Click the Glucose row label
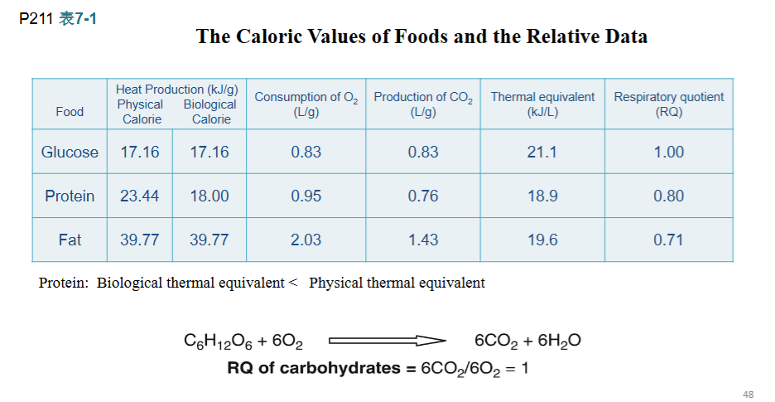(70, 152)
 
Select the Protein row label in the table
(70, 196)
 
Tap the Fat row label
(70, 240)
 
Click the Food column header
(70, 112)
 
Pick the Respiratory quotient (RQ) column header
(669, 104)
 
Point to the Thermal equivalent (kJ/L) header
(542, 104)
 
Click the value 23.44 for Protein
(140, 196)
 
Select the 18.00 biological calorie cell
(209, 196)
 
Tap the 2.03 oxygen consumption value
(306, 240)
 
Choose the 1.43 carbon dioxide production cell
(423, 240)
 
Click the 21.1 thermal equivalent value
(542, 152)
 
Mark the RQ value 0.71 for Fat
(669, 240)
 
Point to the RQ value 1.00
(669, 152)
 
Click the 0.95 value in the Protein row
(306, 196)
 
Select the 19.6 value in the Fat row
(542, 240)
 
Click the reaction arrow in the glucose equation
(387, 341)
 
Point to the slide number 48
(749, 395)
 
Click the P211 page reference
(36, 19)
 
